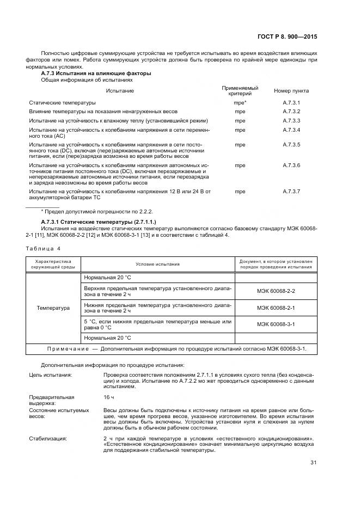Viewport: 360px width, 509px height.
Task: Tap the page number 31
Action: tap(313, 463)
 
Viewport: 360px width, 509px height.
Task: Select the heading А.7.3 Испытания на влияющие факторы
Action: tap(96, 73)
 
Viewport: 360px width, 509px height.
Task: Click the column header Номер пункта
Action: tap(291, 91)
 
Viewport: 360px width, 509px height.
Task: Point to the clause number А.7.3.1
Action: tap(291, 102)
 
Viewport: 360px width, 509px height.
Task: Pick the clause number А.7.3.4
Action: tap(291, 129)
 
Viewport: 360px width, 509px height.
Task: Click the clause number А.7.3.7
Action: tap(291, 191)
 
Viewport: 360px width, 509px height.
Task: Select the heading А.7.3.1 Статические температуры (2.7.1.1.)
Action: tap(99, 222)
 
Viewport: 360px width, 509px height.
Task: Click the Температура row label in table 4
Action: tap(53, 308)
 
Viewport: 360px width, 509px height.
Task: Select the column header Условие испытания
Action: tap(157, 264)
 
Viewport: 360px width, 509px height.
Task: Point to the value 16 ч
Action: tap(108, 397)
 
